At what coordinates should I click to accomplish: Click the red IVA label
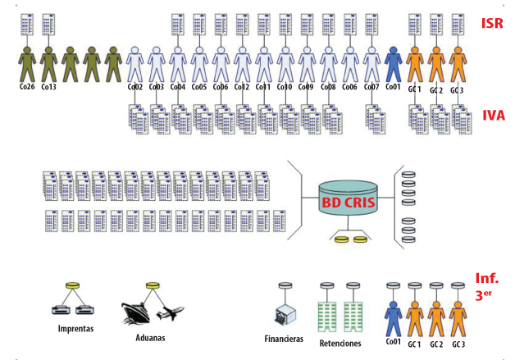tap(492, 115)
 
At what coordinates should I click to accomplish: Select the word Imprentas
tap(75, 330)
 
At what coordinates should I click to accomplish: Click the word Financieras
tap(285, 338)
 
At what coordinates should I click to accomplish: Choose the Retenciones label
tap(340, 343)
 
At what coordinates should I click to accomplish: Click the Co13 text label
tap(48, 87)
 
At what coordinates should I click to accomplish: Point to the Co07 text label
tap(371, 87)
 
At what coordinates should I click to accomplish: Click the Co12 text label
tap(242, 87)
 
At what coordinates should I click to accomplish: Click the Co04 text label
tap(178, 87)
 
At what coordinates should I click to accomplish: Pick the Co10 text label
tap(285, 87)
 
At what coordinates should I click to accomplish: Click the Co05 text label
tap(199, 87)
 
